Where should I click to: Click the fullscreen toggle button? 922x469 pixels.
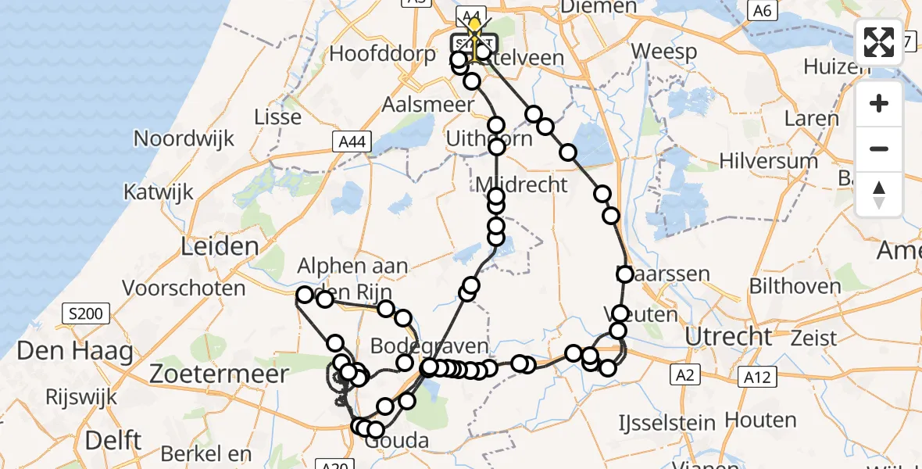pyautogui.click(x=879, y=42)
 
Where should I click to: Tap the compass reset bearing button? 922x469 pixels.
pyautogui.click(x=879, y=195)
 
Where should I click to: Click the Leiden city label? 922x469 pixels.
pyautogui.click(x=209, y=247)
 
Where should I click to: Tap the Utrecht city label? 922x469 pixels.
pyautogui.click(x=728, y=337)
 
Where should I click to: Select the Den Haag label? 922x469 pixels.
pyautogui.click(x=75, y=351)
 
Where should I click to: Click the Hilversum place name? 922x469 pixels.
pyautogui.click(x=769, y=161)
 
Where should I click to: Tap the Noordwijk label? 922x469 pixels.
pyautogui.click(x=184, y=139)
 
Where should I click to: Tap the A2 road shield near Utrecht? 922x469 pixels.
pyautogui.click(x=686, y=376)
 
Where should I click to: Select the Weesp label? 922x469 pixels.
pyautogui.click(x=663, y=52)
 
